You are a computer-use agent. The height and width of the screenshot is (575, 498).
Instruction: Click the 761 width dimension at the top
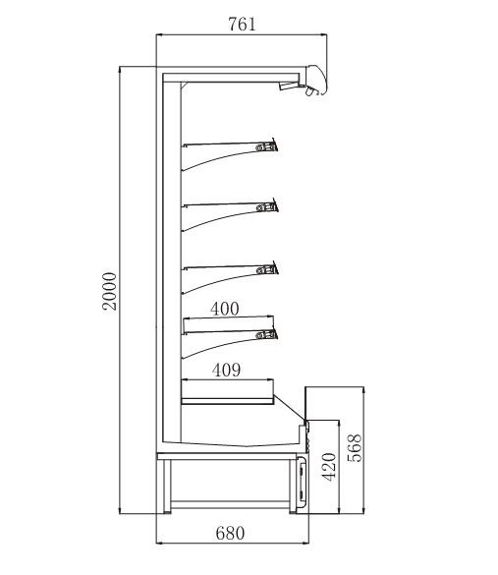click(x=242, y=25)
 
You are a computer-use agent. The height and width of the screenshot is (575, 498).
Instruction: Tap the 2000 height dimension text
click(x=109, y=292)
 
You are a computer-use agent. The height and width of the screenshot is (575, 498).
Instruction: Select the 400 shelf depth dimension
click(x=225, y=309)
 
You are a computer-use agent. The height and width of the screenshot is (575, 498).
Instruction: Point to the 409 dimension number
click(x=227, y=370)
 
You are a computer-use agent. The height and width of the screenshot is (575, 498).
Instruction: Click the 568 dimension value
click(x=355, y=448)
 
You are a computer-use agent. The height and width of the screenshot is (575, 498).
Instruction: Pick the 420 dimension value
click(x=329, y=467)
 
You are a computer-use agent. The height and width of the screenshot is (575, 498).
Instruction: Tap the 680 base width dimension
click(x=230, y=533)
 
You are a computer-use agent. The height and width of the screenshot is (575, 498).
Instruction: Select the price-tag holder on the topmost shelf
click(x=267, y=147)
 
